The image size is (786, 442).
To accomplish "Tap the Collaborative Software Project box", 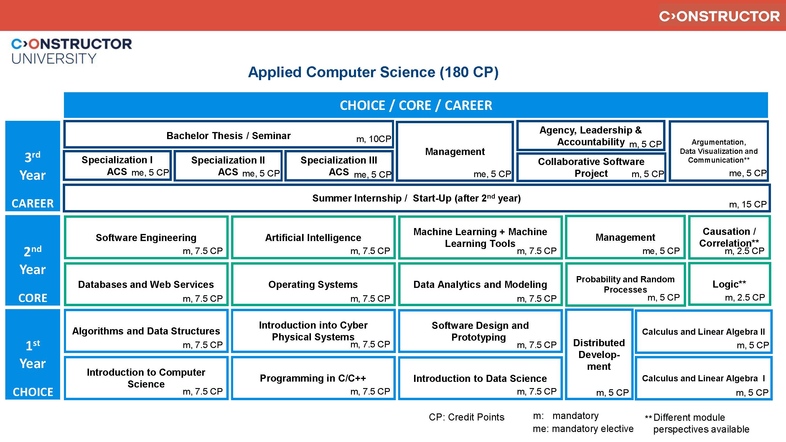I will point(591,167).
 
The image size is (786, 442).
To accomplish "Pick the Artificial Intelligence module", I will point(313,238).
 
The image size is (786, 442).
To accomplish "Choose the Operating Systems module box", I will point(313,285).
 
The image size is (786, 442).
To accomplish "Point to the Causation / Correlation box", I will point(729,237).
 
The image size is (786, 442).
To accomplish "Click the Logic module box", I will point(729,284).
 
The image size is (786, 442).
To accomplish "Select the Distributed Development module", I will point(599,354).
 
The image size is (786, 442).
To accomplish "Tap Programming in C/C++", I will point(313,378).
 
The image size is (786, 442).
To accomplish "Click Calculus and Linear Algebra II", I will point(703,332).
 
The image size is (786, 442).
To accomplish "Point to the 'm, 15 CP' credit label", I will point(748,204).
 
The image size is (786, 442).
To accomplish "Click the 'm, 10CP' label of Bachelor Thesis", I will point(373,139).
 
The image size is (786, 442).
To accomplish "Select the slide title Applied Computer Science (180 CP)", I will point(373,72).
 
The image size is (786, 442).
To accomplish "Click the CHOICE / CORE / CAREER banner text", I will point(416,105).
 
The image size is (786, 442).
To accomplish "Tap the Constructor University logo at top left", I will point(71,51).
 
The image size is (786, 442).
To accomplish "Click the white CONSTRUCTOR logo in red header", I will point(719,17).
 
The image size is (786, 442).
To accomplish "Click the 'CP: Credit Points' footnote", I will point(467,417).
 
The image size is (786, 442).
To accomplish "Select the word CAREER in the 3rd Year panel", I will point(33,203).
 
